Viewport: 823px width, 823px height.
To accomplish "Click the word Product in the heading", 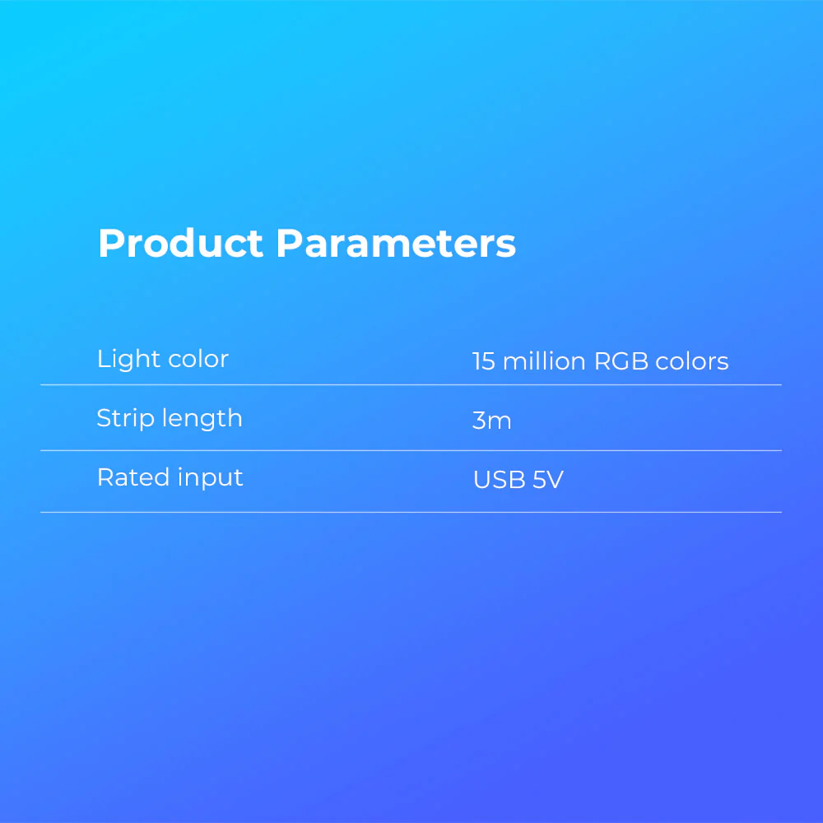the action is pos(180,243).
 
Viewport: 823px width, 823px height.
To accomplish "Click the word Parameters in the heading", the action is pos(397,243).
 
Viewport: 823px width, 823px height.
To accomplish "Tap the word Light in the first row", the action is pos(128,360).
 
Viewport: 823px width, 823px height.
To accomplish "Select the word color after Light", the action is pos(198,360).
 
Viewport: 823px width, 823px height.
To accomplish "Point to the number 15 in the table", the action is pos(483,361).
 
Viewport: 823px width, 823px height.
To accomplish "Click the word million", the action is pos(544,361).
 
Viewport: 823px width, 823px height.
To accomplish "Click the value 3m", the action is pos(492,421).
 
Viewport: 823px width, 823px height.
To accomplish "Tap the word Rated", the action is pos(133,477).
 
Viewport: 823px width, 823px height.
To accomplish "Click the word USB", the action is pos(500,480).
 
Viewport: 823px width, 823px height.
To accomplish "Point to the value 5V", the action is pos(548,480).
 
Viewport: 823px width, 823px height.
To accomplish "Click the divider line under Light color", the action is pos(411,384).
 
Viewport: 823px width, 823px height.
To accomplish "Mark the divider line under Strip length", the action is pos(411,450).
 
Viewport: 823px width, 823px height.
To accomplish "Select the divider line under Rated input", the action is pos(411,512).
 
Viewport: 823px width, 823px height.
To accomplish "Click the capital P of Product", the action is pos(110,243).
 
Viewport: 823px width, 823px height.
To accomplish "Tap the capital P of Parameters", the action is pos(289,243).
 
